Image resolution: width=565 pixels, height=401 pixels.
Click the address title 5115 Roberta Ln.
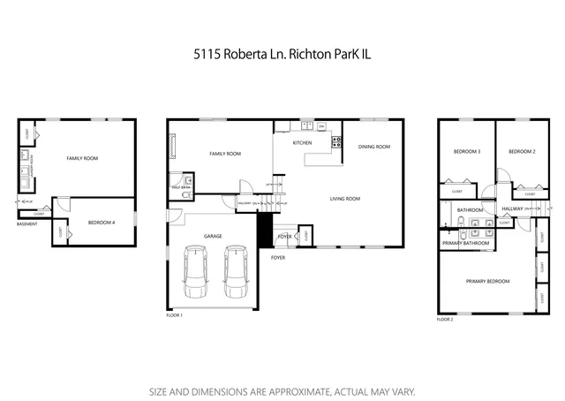click(x=282, y=54)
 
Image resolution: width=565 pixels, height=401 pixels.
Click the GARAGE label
click(x=213, y=236)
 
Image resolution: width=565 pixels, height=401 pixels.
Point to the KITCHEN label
click(x=302, y=142)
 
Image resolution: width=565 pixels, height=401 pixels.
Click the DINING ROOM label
click(x=373, y=147)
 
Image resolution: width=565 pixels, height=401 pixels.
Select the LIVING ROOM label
click(x=345, y=199)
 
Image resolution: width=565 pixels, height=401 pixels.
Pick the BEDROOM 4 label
click(x=101, y=223)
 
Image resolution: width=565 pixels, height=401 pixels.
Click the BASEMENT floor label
click(x=26, y=223)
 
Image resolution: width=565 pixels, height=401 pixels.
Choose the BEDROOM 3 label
click(x=466, y=151)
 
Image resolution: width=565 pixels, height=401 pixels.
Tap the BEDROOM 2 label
click(x=522, y=151)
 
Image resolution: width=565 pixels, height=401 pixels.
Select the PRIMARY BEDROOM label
click(x=488, y=281)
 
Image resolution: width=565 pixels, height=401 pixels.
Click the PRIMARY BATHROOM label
click(x=465, y=242)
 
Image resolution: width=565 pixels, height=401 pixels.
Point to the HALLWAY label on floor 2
click(x=510, y=209)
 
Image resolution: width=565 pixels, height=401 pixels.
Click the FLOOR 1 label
click(x=174, y=314)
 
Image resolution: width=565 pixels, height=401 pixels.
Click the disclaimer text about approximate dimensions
click(x=282, y=390)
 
